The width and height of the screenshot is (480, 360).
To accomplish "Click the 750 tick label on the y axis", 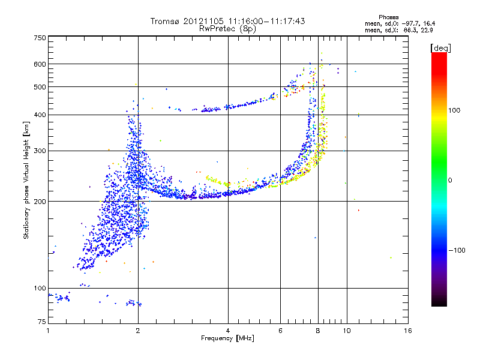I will (x=40, y=38).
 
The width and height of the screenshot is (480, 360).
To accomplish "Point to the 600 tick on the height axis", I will (x=40, y=64).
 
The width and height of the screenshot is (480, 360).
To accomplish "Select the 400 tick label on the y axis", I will (x=40, y=115).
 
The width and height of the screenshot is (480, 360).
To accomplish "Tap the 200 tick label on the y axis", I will (x=40, y=201).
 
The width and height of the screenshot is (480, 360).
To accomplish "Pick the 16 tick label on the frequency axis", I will (x=407, y=331).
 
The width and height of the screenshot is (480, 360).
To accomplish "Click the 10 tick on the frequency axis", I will (x=346, y=331).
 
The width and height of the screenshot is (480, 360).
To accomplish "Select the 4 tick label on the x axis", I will (x=228, y=331).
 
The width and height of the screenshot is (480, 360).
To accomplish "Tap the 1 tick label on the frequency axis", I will (x=48, y=331).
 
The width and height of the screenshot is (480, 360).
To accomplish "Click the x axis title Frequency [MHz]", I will (x=227, y=339).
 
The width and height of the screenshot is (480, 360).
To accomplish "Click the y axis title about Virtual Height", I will (x=26, y=180).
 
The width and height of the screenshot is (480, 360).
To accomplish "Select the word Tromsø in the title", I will (x=166, y=21).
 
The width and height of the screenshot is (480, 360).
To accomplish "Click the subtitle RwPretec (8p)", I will (x=227, y=28).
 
